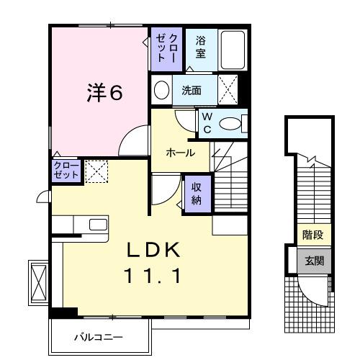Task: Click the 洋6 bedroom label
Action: point(104,93)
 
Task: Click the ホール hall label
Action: point(179,153)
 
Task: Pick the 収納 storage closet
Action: point(197,193)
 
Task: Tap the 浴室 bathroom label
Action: point(200,48)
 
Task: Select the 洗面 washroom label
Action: point(191,91)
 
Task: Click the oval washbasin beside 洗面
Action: point(162,91)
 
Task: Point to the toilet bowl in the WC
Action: point(230,124)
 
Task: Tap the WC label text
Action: point(206,122)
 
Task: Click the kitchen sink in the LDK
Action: point(97,224)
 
